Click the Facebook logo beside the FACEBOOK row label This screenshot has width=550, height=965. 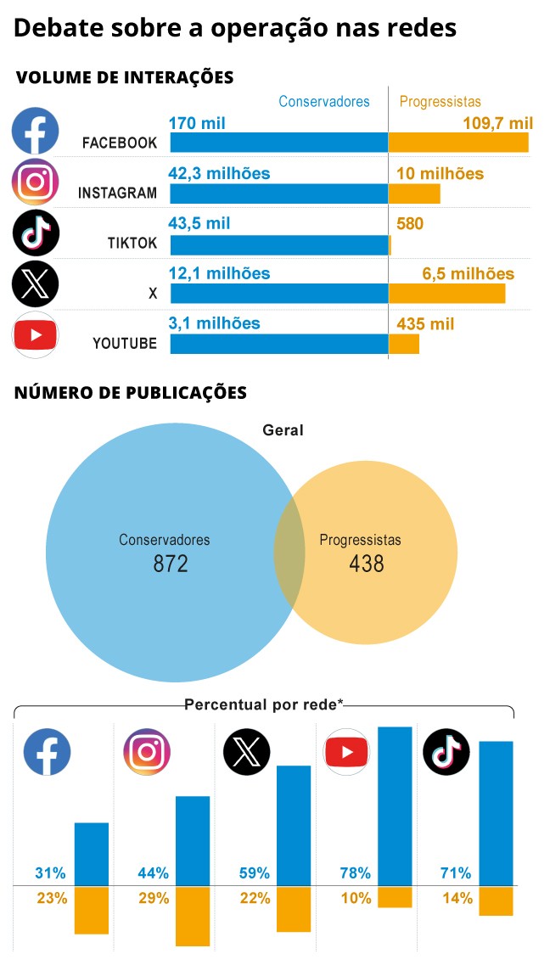[36, 131]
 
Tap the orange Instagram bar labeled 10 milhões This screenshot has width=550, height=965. [414, 194]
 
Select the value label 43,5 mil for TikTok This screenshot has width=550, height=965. [199, 224]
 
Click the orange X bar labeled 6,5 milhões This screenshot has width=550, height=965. [446, 294]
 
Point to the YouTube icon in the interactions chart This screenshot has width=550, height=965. [36, 335]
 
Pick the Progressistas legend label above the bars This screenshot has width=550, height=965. [440, 102]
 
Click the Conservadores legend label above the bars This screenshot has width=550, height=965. [324, 102]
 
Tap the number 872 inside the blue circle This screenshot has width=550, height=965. [171, 564]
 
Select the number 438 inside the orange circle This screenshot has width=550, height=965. [367, 564]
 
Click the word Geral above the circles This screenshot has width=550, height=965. [283, 430]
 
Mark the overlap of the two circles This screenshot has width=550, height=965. [289, 552]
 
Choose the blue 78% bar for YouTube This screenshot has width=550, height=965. [395, 806]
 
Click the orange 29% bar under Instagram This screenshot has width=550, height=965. [193, 917]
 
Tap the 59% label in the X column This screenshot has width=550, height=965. [254, 872]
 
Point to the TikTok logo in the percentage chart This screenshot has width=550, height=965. [446, 751]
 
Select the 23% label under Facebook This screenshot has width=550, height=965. [52, 898]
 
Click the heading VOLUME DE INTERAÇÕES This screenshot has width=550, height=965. [125, 78]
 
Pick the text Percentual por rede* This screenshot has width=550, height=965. [264, 704]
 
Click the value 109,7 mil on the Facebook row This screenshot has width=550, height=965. [497, 124]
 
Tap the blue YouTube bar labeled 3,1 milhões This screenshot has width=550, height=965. [279, 344]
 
